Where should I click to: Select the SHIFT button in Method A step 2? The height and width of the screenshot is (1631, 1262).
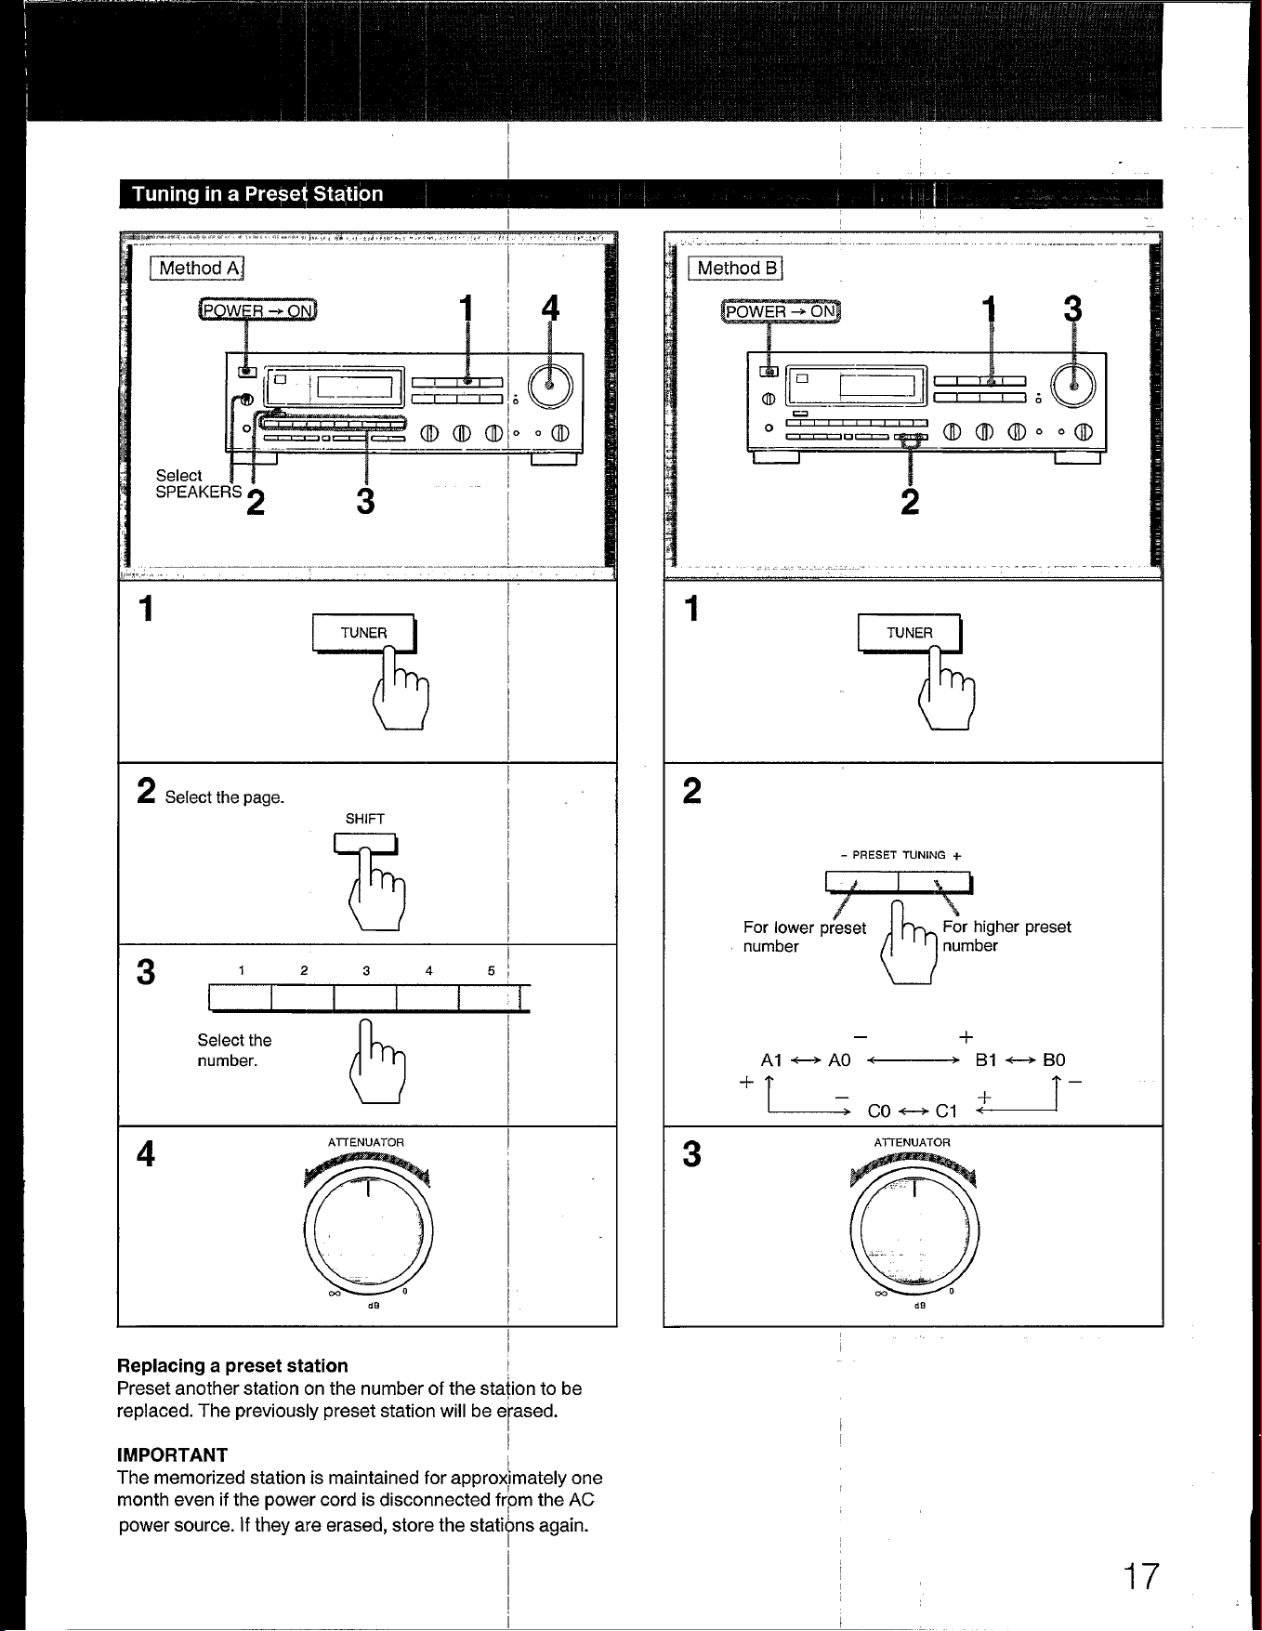[x=365, y=844]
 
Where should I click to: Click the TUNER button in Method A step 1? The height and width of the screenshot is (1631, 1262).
[x=363, y=634]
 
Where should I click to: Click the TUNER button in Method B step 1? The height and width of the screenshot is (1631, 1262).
[x=909, y=634]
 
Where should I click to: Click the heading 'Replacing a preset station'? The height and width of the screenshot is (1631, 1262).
[x=232, y=1365]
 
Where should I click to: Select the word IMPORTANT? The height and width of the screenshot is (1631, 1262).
[x=172, y=1454]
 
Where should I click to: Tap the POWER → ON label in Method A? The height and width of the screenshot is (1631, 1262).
[x=257, y=310]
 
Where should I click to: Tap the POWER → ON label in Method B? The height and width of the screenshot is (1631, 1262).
[x=781, y=311]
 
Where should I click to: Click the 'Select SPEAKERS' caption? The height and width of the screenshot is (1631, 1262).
[x=199, y=483]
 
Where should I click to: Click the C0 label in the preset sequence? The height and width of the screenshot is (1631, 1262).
[x=879, y=1111]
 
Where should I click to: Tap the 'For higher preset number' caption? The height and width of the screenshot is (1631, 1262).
[x=1006, y=936]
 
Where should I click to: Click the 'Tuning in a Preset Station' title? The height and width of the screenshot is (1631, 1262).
[x=257, y=193]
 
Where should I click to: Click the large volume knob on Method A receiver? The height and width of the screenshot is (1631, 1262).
[x=550, y=385]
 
